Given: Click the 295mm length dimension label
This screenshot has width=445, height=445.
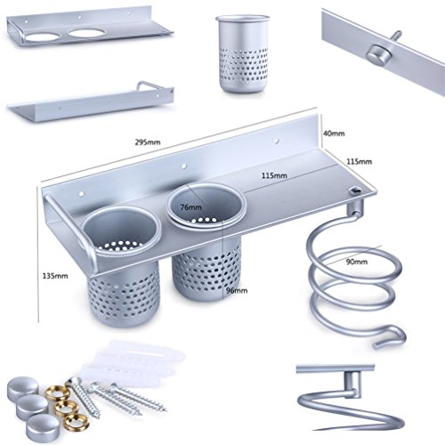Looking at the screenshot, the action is [x=148, y=142].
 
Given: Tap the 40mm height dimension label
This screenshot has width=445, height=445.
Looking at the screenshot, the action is [x=334, y=133].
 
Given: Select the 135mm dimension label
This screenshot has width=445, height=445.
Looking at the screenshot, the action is [x=55, y=276].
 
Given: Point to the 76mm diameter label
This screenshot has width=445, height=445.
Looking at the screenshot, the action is [x=190, y=207].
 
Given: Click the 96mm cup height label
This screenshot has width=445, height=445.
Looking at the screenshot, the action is [x=237, y=290].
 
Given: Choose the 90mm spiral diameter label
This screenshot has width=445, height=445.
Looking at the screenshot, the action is [x=357, y=262].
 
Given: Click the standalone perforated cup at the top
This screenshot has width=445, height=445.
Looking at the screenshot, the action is [x=243, y=53].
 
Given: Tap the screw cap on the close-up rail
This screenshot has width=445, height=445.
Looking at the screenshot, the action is [x=377, y=56].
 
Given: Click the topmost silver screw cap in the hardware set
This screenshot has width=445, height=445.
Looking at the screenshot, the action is [x=23, y=387].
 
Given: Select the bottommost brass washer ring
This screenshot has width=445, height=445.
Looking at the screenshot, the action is [x=77, y=422].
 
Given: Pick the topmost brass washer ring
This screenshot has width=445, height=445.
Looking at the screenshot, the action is [x=58, y=393].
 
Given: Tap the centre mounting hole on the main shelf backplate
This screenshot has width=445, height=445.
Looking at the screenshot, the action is [x=184, y=166].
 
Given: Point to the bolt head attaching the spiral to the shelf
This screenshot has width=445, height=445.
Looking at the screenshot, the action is [x=354, y=190].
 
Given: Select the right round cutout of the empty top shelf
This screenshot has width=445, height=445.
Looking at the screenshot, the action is [x=85, y=33].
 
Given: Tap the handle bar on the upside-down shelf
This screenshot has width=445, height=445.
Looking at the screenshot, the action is [x=155, y=85].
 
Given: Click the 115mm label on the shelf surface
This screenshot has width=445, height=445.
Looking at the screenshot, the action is [x=274, y=175].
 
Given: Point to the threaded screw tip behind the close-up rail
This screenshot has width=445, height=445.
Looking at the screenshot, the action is [x=396, y=36].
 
